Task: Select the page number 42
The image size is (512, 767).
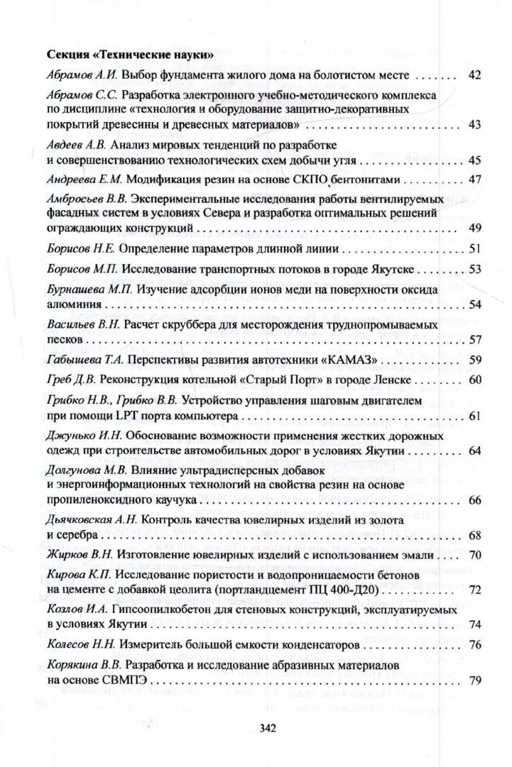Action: click(476, 75)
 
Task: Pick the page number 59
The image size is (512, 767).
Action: click(476, 360)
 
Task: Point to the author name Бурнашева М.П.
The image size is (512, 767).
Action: click(82, 289)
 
